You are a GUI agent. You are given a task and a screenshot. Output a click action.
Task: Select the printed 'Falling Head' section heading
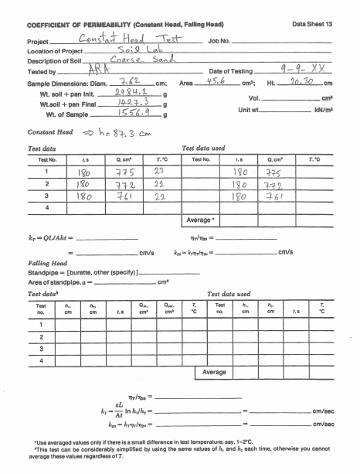point(39,262)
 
